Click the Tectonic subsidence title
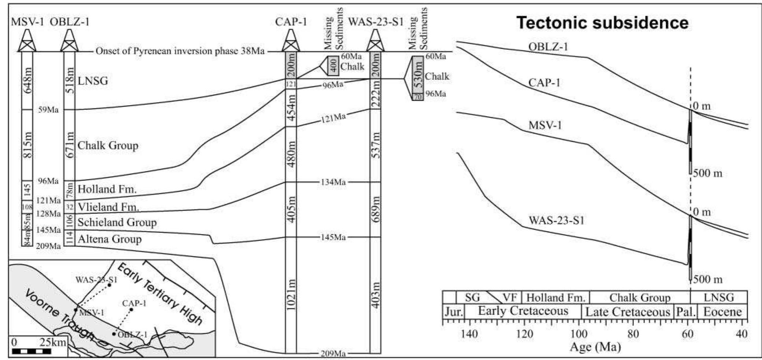click(x=602, y=23)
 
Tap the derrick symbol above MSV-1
click(x=27, y=40)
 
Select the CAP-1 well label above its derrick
click(x=291, y=22)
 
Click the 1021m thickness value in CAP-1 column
click(x=291, y=295)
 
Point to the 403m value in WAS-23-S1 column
click(x=376, y=295)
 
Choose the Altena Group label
click(x=109, y=239)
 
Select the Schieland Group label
click(x=117, y=222)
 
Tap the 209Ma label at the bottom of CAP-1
click(x=333, y=354)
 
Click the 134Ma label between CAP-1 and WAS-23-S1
click(x=333, y=182)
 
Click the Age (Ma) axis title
click(x=595, y=347)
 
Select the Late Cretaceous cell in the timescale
click(x=627, y=312)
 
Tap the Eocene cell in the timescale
click(x=722, y=312)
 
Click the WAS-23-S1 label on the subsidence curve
click(x=556, y=220)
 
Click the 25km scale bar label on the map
click(x=53, y=343)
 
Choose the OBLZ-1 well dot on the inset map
click(x=114, y=334)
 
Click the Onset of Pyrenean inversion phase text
click(x=180, y=51)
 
